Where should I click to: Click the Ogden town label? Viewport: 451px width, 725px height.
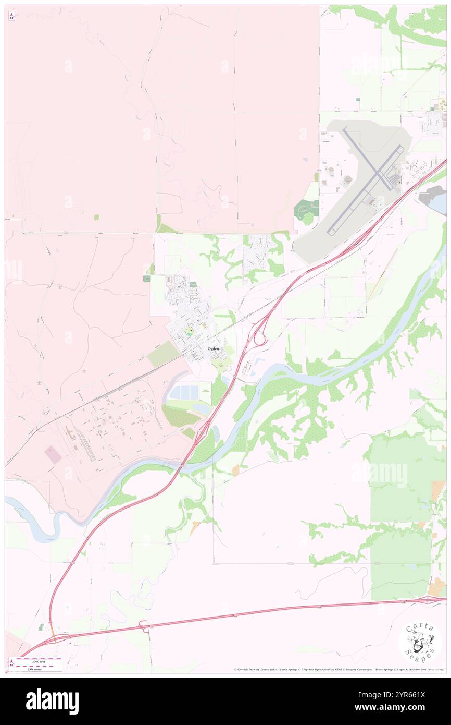[212, 348]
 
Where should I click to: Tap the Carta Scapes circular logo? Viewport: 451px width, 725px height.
[420, 642]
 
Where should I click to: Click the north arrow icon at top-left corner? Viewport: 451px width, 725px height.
[11, 16]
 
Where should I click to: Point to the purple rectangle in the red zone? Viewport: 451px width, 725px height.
[53, 454]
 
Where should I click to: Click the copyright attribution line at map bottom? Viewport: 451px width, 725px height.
[339, 669]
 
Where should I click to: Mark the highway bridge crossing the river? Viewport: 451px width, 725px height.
[185, 462]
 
